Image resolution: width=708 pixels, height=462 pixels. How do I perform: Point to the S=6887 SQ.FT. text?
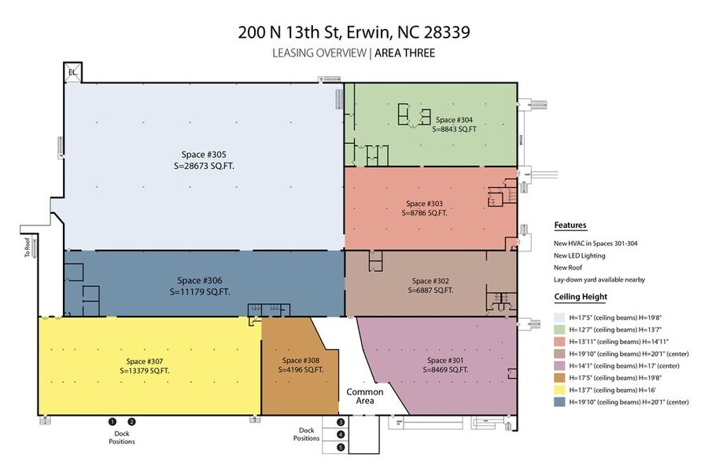click(x=431, y=290)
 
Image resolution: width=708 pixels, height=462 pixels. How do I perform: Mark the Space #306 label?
click(x=200, y=280)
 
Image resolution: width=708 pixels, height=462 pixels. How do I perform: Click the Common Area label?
click(x=365, y=397)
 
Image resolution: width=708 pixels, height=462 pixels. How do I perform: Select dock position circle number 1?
click(x=112, y=422)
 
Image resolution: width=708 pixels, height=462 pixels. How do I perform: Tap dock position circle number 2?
click(x=131, y=422)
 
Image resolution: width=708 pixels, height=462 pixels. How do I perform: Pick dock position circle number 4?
click(x=341, y=434)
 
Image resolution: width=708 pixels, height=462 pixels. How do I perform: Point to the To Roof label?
click(x=27, y=248)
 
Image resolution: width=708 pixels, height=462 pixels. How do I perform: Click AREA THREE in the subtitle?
click(x=404, y=53)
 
